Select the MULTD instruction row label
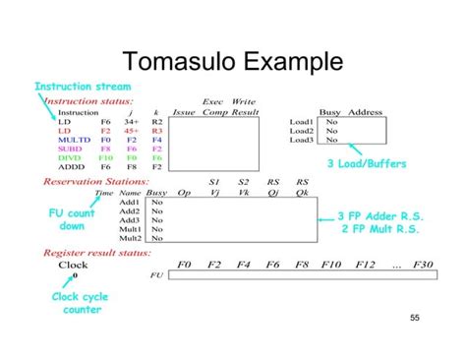pyautogui.click(x=74, y=140)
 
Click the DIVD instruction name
pyautogui.click(x=71, y=157)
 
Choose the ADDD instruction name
pyautogui.click(x=72, y=167)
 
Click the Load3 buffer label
pyautogui.click(x=301, y=140)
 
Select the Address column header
pyautogui.click(x=365, y=112)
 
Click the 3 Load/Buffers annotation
pyautogui.click(x=366, y=163)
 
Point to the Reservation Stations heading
pyautogui.click(x=123, y=182)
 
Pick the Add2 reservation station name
pyautogui.click(x=129, y=210)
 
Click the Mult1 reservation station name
pyautogui.click(x=130, y=228)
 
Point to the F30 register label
pyautogui.click(x=423, y=265)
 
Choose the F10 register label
pyautogui.click(x=331, y=265)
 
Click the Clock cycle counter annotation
pyautogui.click(x=79, y=304)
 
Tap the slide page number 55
pyautogui.click(x=414, y=318)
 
